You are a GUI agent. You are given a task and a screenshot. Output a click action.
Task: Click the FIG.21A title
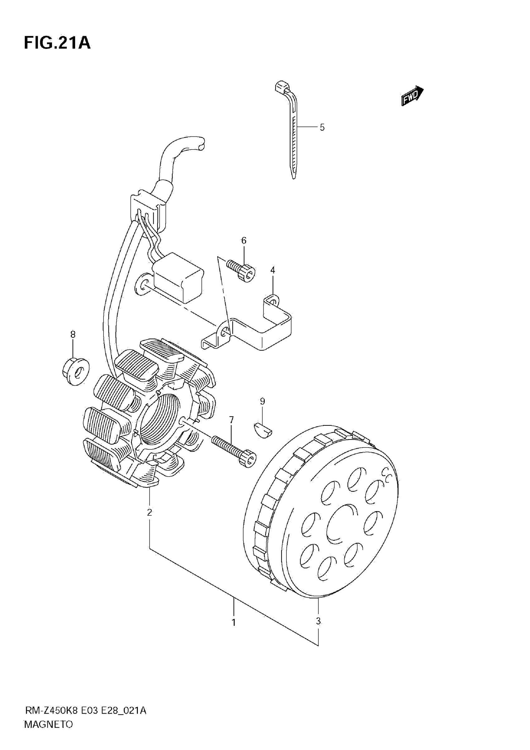coord(57,43)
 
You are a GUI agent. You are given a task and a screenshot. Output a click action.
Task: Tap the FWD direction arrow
coord(412,95)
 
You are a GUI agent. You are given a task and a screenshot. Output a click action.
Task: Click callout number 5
coord(322,127)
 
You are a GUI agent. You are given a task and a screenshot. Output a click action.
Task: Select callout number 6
coord(244,241)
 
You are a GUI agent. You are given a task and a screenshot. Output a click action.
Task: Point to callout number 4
coord(273,270)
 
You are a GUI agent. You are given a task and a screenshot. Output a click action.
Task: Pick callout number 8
coord(73,335)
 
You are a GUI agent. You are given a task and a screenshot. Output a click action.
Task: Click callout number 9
coord(263,401)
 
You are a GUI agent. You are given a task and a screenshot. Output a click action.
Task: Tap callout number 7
coord(232,420)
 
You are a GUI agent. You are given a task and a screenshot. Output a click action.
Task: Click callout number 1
coord(234,623)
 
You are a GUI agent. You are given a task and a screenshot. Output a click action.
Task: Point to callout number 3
coord(318,621)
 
